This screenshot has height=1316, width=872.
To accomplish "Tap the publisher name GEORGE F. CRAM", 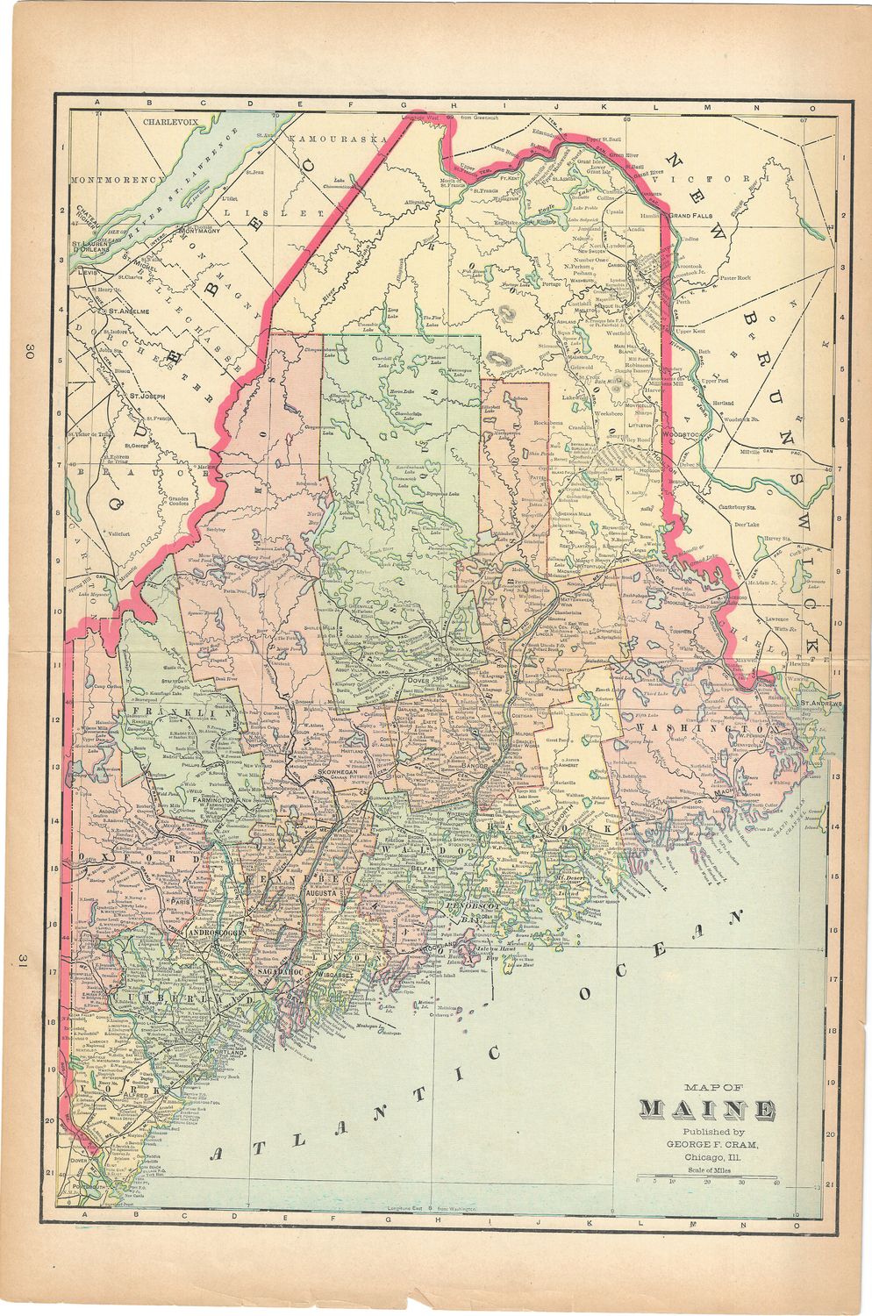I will (711, 1144).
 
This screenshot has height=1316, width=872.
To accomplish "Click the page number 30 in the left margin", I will (29, 353).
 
